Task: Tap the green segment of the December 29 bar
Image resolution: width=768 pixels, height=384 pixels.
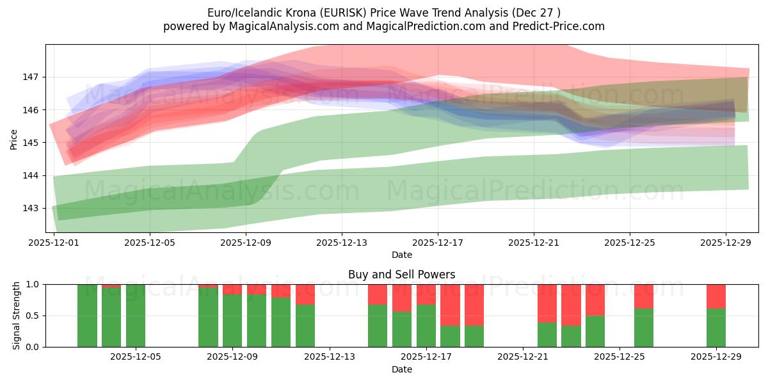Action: [x=716, y=328]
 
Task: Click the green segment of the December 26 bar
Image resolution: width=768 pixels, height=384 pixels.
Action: [x=643, y=328]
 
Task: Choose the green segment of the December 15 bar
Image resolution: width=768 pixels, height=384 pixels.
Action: [x=378, y=326]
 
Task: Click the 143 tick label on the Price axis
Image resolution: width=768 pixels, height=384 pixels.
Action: [x=32, y=208]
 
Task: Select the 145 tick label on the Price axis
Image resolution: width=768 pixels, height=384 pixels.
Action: [x=32, y=143]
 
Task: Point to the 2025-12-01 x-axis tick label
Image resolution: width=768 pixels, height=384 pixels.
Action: [x=54, y=243]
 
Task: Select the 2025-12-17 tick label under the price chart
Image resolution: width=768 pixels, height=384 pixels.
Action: [x=438, y=243]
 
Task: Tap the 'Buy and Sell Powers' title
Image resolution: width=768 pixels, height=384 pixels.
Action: [x=401, y=275]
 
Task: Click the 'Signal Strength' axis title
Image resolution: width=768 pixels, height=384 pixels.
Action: [x=16, y=316]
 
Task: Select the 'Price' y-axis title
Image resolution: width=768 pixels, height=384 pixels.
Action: [x=14, y=139]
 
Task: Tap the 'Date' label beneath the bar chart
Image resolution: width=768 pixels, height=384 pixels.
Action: [x=401, y=369]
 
